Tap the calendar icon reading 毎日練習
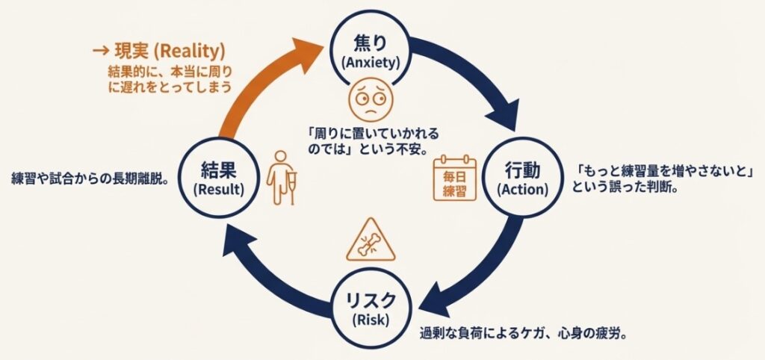pos(454,178)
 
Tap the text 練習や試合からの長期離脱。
pos(89,179)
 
